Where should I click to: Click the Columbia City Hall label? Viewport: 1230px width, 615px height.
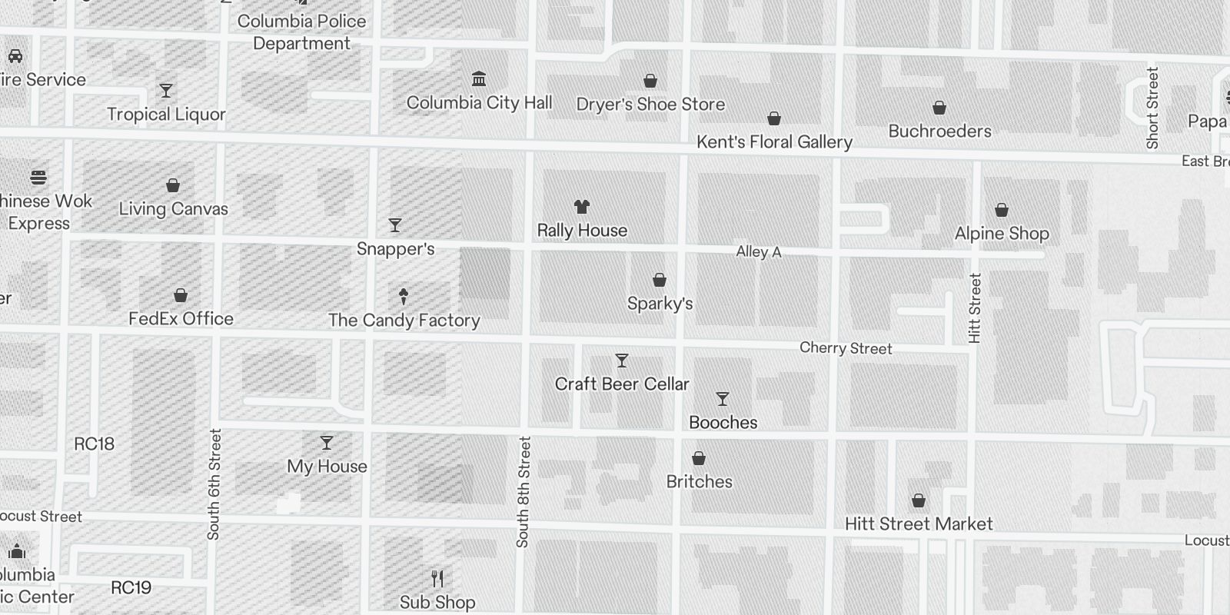pos(479,103)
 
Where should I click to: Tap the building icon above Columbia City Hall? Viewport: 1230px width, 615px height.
pos(479,78)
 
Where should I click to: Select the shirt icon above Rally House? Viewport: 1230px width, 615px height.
pos(582,206)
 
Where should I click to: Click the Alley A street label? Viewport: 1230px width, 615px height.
pos(758,251)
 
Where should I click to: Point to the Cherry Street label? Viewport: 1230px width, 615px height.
pos(846,348)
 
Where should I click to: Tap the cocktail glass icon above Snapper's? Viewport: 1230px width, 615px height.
pos(395,225)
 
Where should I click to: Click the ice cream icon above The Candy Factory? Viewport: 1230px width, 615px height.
pos(404,296)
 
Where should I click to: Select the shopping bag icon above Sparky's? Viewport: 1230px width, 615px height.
pos(660,280)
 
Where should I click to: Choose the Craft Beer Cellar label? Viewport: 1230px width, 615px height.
pos(622,384)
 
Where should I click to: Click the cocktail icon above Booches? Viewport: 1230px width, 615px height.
pos(723,399)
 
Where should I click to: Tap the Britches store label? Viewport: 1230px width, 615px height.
pos(699,482)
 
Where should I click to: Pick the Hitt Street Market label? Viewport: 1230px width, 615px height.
pos(919,524)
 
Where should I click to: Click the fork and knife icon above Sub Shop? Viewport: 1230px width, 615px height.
pos(437,578)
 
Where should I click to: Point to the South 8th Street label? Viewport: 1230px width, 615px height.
pos(524,492)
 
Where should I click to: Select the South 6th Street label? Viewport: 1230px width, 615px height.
pos(214,484)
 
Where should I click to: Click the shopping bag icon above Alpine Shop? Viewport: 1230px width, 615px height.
pos(1002,210)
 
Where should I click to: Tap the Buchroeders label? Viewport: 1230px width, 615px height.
pos(939,131)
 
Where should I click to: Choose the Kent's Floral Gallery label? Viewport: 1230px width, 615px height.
pos(774,142)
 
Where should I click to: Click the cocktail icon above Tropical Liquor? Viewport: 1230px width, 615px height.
pos(166,91)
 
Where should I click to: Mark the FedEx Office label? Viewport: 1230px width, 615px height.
pos(181,319)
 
